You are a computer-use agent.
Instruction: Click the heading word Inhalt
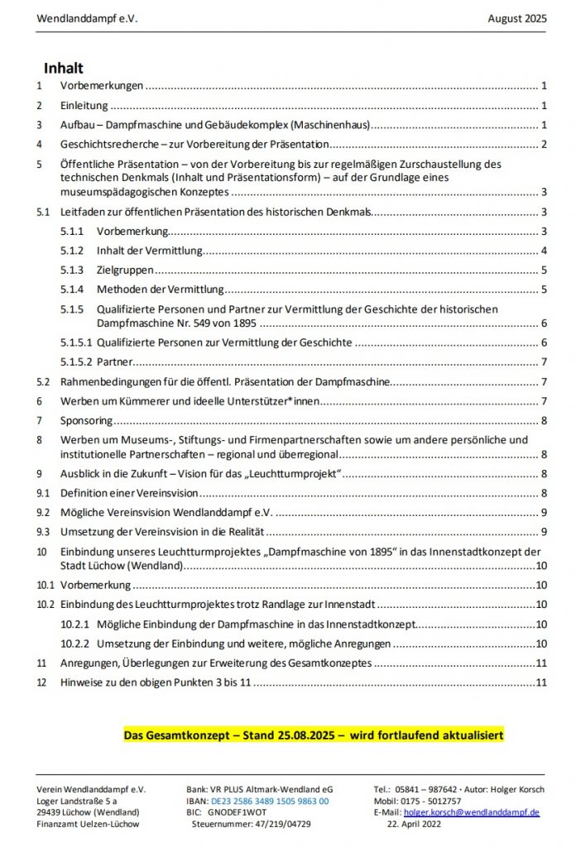(x=64, y=68)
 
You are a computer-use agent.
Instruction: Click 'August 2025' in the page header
(x=517, y=18)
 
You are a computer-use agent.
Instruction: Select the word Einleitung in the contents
(x=84, y=105)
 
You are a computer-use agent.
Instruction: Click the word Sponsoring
(x=86, y=420)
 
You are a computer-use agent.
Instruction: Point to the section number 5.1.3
(x=72, y=270)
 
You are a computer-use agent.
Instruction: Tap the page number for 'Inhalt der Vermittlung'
(x=544, y=251)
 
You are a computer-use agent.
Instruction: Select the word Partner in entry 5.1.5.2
(x=115, y=361)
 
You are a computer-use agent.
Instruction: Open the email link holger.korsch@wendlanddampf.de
(x=472, y=812)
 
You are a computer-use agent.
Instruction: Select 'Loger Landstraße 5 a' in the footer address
(x=77, y=801)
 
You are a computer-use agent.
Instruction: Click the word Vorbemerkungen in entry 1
(x=102, y=85)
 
